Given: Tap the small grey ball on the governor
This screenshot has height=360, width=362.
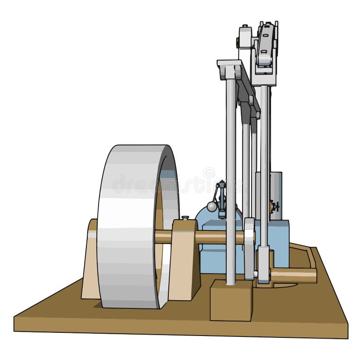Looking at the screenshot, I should (211, 207).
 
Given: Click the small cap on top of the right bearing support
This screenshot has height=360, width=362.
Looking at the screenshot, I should (185, 218).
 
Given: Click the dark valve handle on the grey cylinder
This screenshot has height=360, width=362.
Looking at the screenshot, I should (274, 207).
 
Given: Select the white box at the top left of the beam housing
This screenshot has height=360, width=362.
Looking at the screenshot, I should (245, 37).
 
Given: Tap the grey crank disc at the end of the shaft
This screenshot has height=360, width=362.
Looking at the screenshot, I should (249, 247).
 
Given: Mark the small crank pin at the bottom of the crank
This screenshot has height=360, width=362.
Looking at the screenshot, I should (256, 274).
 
